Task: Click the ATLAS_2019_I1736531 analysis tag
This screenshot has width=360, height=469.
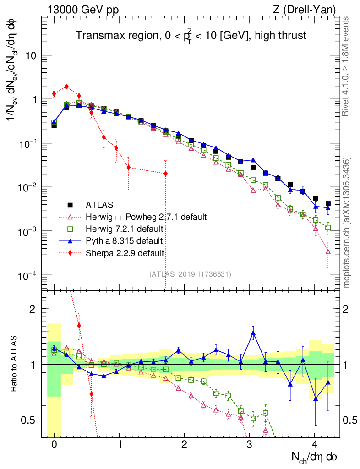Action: [190, 274]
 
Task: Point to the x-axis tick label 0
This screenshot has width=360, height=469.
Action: [54, 445]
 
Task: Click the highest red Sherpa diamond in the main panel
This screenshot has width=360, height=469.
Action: [66, 86]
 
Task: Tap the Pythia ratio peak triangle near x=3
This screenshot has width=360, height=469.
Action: [253, 333]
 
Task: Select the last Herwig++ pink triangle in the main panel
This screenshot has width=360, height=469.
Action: [328, 251]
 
